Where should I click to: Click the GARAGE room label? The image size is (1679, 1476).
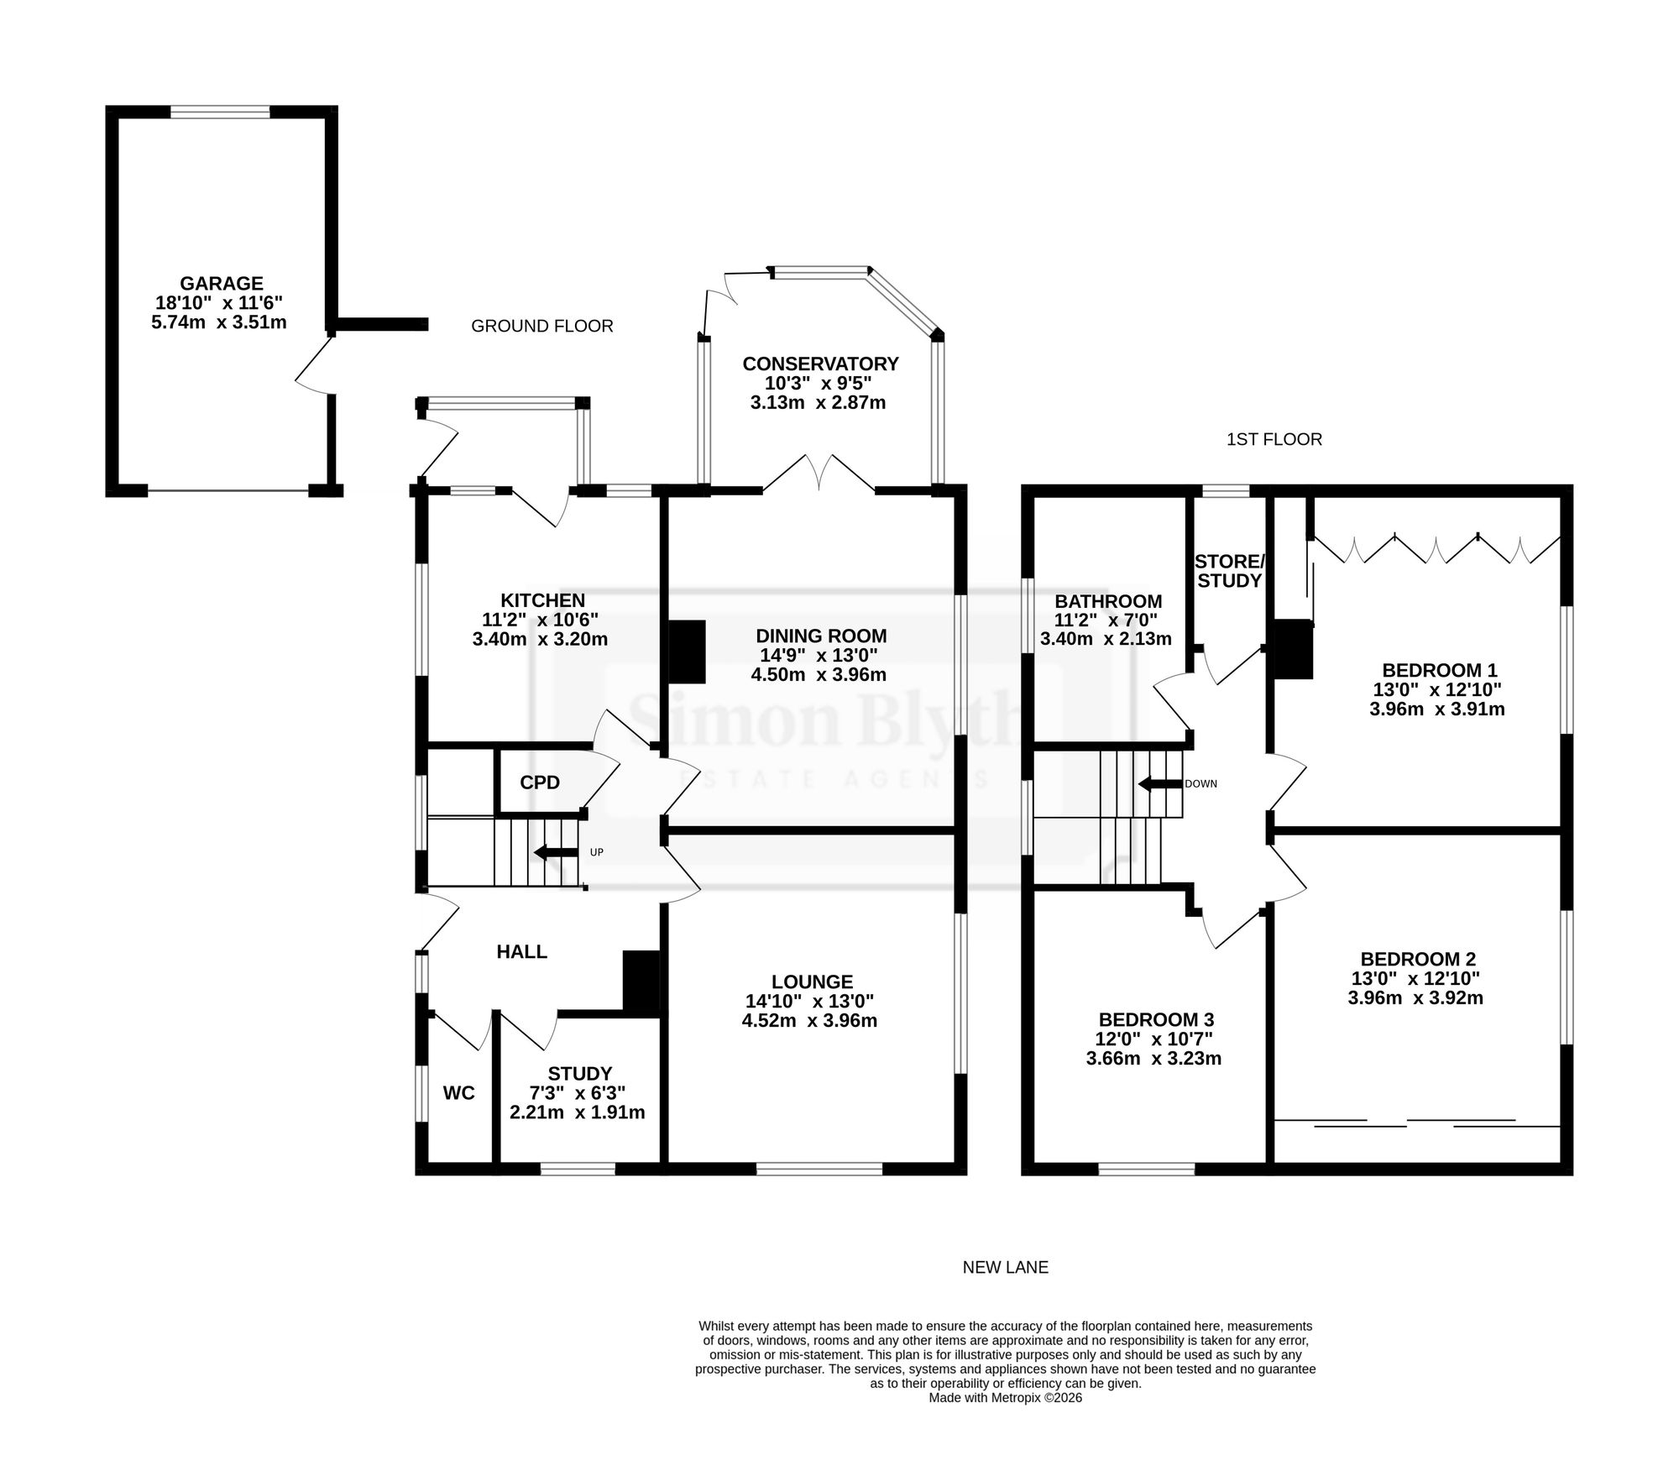222,284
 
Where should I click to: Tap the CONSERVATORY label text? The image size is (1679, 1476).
820,364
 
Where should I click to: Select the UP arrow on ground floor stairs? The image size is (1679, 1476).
556,853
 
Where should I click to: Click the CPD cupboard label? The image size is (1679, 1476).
540,782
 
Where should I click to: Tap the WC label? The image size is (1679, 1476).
459,1093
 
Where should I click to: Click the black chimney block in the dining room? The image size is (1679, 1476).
687,652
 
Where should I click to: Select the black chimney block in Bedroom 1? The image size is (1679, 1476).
1293,648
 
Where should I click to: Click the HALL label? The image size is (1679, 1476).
522,951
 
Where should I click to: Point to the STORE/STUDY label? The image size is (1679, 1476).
1229,571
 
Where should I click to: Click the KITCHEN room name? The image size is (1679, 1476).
542,600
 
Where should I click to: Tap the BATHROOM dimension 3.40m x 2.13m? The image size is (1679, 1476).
1106,639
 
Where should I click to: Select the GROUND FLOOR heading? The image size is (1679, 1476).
542,326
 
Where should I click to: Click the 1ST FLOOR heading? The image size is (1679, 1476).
1274,439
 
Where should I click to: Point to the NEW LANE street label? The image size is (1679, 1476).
1006,1267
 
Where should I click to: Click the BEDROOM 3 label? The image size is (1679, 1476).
1156,1019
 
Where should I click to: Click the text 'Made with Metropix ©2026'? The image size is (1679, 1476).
1006,1398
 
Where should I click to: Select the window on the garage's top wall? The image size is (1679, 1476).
221,112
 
